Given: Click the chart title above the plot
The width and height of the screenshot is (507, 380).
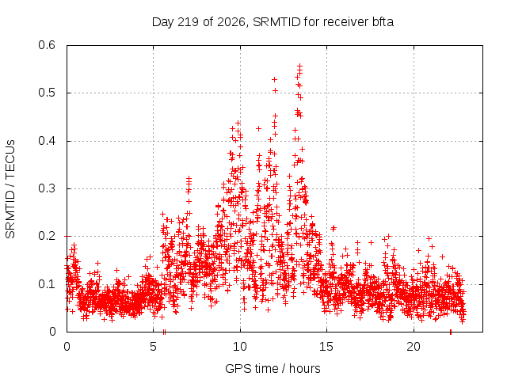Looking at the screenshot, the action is tap(273, 22).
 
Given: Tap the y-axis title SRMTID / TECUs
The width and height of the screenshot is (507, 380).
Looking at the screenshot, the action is tap(10, 189).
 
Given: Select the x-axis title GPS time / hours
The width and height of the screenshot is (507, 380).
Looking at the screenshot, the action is tap(273, 368).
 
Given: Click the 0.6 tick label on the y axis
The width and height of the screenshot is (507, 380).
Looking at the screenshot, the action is tap(47, 45).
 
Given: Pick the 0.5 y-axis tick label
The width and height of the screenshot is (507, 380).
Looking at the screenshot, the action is tap(47, 93).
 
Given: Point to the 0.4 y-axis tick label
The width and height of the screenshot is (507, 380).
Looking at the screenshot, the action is tap(47, 141).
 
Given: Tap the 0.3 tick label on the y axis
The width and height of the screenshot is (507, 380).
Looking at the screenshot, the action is tap(47, 188).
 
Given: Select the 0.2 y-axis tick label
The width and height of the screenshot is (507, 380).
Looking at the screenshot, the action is tap(47, 236).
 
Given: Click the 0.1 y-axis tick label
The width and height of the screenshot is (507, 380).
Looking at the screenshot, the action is tap(47, 284).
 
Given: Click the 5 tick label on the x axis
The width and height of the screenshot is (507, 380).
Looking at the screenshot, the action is tap(153, 347).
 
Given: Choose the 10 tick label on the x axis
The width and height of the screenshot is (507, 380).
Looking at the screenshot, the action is tap(239, 347).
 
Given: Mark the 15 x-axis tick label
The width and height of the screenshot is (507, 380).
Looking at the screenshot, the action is tap(326, 347).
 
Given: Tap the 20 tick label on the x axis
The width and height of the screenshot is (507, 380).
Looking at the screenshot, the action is tap(414, 347).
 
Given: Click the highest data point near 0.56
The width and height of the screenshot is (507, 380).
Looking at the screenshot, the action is tap(299, 66).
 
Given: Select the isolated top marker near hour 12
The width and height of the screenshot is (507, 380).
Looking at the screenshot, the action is tap(275, 79).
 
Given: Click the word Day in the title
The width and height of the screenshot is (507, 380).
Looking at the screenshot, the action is tap(162, 22).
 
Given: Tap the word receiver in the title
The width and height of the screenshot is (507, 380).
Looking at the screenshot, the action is tap(346, 22).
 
